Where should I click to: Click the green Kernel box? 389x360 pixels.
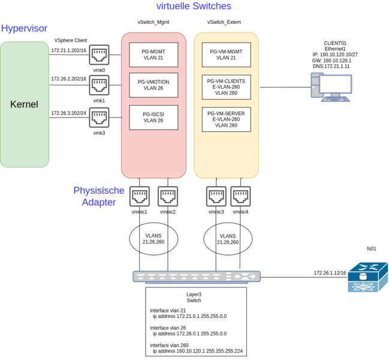tap(25, 104)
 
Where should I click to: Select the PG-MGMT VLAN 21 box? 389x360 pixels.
tap(153, 55)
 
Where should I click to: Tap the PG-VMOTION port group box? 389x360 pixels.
tap(153, 85)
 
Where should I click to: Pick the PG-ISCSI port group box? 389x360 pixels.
tap(153, 117)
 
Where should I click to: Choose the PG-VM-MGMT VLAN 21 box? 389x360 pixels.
tap(226, 55)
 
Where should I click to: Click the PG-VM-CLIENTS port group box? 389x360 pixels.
tap(226, 86)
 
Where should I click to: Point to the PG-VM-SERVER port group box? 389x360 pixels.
tap(226, 119)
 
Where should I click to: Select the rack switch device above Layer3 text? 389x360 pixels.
tap(197, 277)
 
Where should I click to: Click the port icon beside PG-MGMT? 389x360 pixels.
tap(99, 54)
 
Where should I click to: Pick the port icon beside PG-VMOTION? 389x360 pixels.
tap(99, 85)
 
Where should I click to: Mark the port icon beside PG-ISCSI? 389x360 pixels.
tap(99, 117)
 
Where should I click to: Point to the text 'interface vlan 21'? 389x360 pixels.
tap(168, 310)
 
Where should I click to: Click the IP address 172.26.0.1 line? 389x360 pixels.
tap(189, 334)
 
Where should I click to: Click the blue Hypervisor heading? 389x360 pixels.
tap(24, 28)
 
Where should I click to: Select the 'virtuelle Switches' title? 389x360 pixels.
tap(193, 6)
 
